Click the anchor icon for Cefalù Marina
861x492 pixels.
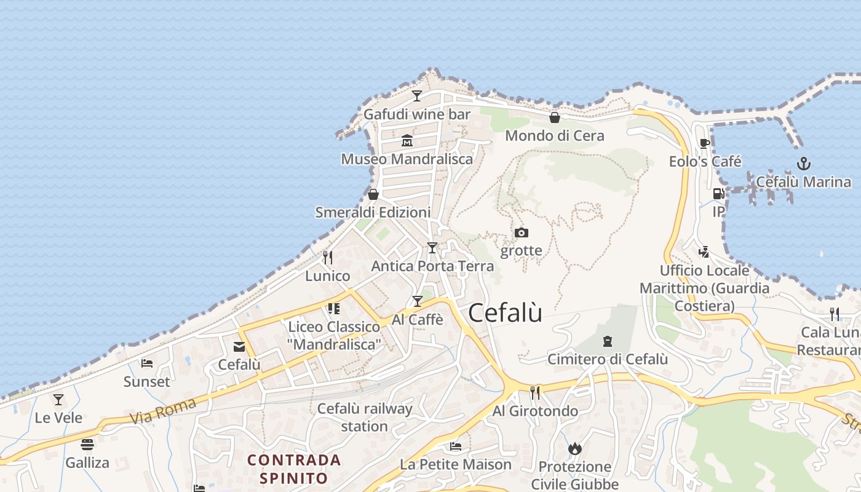[x=803, y=164]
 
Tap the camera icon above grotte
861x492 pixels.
[x=522, y=232]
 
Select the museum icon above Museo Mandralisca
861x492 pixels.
[x=407, y=141]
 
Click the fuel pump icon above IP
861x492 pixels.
[x=718, y=194]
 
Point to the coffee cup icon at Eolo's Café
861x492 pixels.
[x=705, y=144]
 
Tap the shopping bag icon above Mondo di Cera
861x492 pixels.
[x=555, y=117]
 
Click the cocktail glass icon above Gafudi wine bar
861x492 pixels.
[x=417, y=96]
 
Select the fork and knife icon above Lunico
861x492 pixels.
[x=328, y=258]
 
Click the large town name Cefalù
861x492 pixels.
[x=505, y=313]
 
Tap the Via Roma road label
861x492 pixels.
[x=163, y=410]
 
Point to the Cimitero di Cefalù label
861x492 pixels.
[x=608, y=359]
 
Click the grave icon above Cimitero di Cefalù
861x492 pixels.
[x=608, y=341]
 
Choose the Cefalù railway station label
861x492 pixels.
[x=365, y=417]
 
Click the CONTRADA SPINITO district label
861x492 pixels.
[x=294, y=469]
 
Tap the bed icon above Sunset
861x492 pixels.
[x=146, y=363]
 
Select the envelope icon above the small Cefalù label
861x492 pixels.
[x=239, y=347]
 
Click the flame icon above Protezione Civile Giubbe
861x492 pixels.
[x=575, y=448]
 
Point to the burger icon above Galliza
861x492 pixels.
[x=87, y=444]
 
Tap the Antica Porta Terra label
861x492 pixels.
[x=432, y=266]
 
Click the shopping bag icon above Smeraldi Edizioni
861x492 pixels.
[x=373, y=194]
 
